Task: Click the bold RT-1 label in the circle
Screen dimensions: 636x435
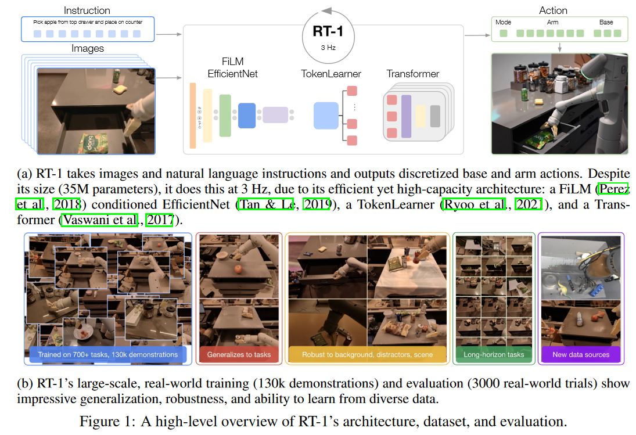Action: (328, 31)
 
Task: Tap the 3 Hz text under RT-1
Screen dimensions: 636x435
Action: (328, 48)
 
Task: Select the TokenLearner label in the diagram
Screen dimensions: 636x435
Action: (331, 74)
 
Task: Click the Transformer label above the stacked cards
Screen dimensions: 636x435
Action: (412, 74)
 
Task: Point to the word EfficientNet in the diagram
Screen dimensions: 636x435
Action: (232, 74)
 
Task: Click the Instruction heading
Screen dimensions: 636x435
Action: (87, 10)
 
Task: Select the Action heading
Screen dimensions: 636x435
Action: (553, 10)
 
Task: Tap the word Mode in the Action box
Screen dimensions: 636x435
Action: (503, 22)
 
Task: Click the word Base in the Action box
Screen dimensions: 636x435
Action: (606, 22)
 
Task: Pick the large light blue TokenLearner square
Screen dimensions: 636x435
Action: (326, 116)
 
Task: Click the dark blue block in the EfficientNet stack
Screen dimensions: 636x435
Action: (247, 116)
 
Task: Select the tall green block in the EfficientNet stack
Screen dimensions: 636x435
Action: (225, 116)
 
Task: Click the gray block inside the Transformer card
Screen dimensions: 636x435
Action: (435, 116)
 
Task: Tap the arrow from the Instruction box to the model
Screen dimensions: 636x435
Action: (169, 34)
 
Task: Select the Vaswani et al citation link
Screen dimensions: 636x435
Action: (99, 220)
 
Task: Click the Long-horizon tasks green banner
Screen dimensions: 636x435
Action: (494, 354)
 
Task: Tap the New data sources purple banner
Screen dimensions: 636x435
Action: (581, 354)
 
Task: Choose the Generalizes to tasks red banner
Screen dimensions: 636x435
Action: (239, 354)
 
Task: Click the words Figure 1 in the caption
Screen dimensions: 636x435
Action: (107, 421)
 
